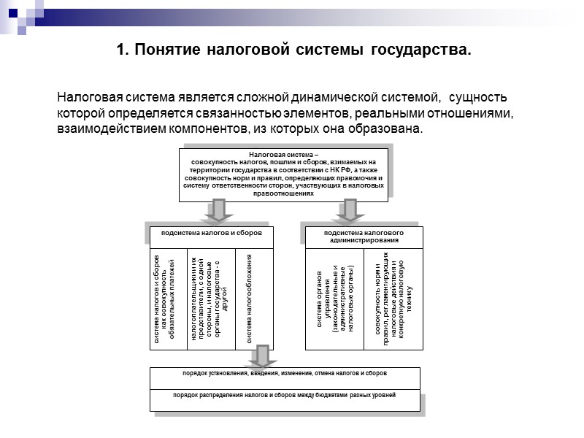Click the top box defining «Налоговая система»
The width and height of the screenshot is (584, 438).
284,174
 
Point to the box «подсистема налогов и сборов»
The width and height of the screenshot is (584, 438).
211,234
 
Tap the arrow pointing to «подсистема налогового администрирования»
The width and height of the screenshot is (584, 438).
350,211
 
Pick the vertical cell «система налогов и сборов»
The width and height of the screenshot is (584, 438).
166,299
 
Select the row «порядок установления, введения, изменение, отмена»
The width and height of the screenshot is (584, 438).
285,373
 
